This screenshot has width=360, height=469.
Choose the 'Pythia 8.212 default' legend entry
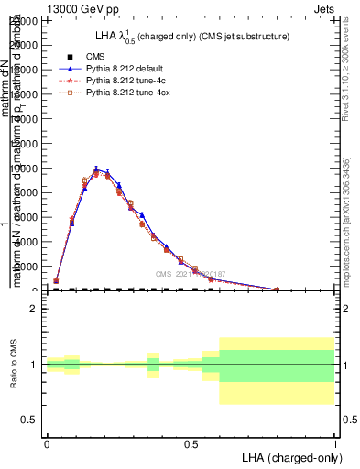[120, 69]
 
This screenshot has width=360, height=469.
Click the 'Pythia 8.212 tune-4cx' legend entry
[124, 93]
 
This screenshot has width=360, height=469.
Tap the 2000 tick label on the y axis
[27, 267]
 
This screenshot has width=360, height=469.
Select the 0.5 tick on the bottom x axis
[191, 442]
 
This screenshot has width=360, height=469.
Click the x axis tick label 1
[335, 442]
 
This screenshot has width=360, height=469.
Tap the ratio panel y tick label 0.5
[29, 420]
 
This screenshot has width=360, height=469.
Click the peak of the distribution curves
[96, 169]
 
